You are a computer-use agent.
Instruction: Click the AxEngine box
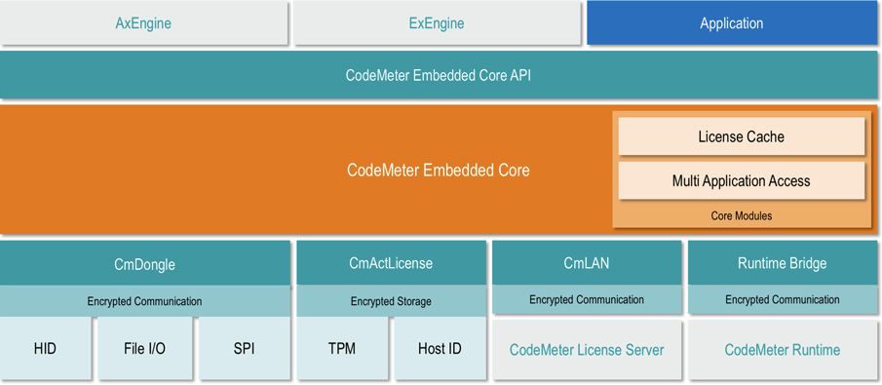[143, 23]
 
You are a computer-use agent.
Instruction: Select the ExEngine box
[437, 23]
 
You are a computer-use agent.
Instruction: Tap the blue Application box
[731, 23]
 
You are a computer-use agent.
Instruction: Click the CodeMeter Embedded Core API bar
[438, 75]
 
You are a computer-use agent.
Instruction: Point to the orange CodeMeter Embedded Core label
[438, 170]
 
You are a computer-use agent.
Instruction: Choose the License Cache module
[741, 136]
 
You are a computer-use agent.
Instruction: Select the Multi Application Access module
[741, 181]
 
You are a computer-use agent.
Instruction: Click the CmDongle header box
[144, 263]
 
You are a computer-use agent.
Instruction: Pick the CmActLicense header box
[390, 263]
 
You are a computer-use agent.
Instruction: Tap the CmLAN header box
[586, 263]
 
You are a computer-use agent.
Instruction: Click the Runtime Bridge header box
[782, 263]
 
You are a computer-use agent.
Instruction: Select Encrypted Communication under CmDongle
[144, 301]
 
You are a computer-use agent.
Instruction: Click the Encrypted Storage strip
[390, 301]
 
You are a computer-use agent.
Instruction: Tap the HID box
[45, 348]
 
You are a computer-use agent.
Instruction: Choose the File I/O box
[144, 348]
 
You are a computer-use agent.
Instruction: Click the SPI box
[244, 348]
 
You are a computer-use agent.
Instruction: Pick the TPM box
[341, 348]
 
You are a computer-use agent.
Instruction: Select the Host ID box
[440, 348]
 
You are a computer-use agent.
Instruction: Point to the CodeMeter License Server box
[586, 350]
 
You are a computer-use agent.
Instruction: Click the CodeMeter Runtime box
[782, 350]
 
